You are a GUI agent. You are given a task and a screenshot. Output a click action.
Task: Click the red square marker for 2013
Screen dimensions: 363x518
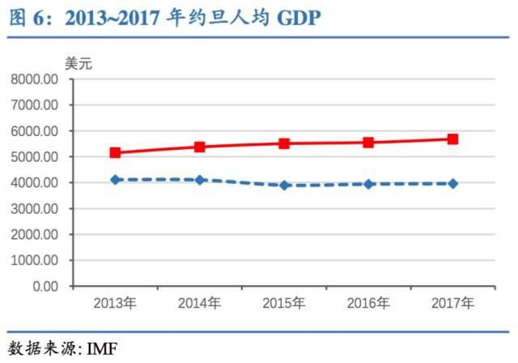coord(116,152)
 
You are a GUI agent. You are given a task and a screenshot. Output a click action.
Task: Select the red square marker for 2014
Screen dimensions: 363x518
coord(200,147)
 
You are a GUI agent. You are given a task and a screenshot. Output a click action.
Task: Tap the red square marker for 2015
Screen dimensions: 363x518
coord(284,143)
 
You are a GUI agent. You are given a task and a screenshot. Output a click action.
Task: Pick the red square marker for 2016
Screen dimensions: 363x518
coord(368,143)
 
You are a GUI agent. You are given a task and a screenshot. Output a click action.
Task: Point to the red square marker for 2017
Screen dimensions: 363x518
coord(452,139)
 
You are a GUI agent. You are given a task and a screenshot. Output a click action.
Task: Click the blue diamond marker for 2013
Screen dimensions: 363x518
coord(116,180)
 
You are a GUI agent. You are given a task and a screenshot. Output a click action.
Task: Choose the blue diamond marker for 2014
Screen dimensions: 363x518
coord(200,180)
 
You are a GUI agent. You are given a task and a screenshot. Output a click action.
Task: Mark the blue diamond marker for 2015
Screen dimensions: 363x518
coord(284,186)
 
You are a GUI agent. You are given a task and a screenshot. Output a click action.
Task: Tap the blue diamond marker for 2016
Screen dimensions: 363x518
coord(368,184)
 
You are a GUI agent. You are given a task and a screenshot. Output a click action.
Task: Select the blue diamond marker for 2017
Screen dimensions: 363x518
coord(452,184)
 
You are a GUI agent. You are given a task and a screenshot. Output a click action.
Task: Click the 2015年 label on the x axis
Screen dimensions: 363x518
coord(284,304)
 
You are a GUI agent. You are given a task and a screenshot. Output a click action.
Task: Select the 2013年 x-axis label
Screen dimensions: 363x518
coord(116,304)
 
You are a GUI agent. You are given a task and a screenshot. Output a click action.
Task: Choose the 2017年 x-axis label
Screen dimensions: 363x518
coord(452,304)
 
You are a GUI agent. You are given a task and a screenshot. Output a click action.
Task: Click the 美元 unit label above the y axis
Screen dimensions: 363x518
coord(79,63)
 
